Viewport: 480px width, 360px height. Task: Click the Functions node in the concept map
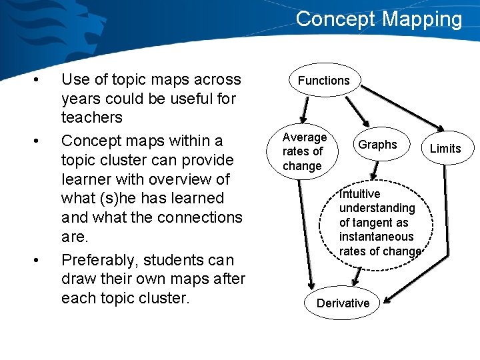tap(324, 80)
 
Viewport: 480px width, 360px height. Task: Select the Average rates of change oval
tap(305, 151)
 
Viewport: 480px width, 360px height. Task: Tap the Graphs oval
tap(377, 145)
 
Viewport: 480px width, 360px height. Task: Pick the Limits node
tap(445, 148)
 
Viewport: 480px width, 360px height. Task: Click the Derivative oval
tap(343, 303)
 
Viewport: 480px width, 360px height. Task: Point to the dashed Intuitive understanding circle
tap(379, 223)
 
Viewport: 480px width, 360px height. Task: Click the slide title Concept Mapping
tap(379, 19)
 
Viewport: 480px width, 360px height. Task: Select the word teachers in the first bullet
tap(92, 117)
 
